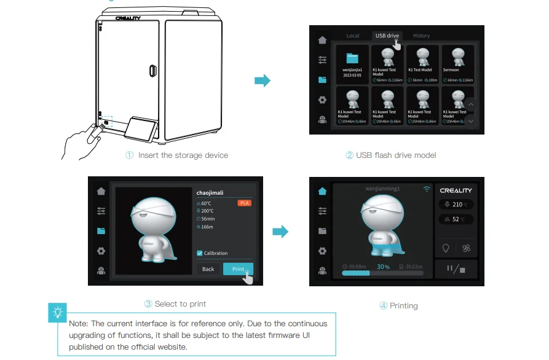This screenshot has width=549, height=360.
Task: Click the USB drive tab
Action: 387,36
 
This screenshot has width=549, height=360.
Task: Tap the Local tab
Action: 353,36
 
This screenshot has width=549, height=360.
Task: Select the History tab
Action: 421,36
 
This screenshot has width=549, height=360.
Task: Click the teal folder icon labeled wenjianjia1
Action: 352,59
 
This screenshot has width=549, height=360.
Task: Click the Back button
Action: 208,269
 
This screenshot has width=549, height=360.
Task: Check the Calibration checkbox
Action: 200,253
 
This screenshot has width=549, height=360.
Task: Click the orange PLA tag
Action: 245,202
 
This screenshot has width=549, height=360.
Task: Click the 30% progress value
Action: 384,267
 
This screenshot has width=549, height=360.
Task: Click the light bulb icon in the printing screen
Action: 446,248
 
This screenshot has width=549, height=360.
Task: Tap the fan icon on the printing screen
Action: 466,248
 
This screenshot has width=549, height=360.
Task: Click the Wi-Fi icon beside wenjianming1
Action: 427,189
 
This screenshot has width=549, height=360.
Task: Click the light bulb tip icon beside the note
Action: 58,313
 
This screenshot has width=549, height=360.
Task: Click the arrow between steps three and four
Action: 280,232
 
